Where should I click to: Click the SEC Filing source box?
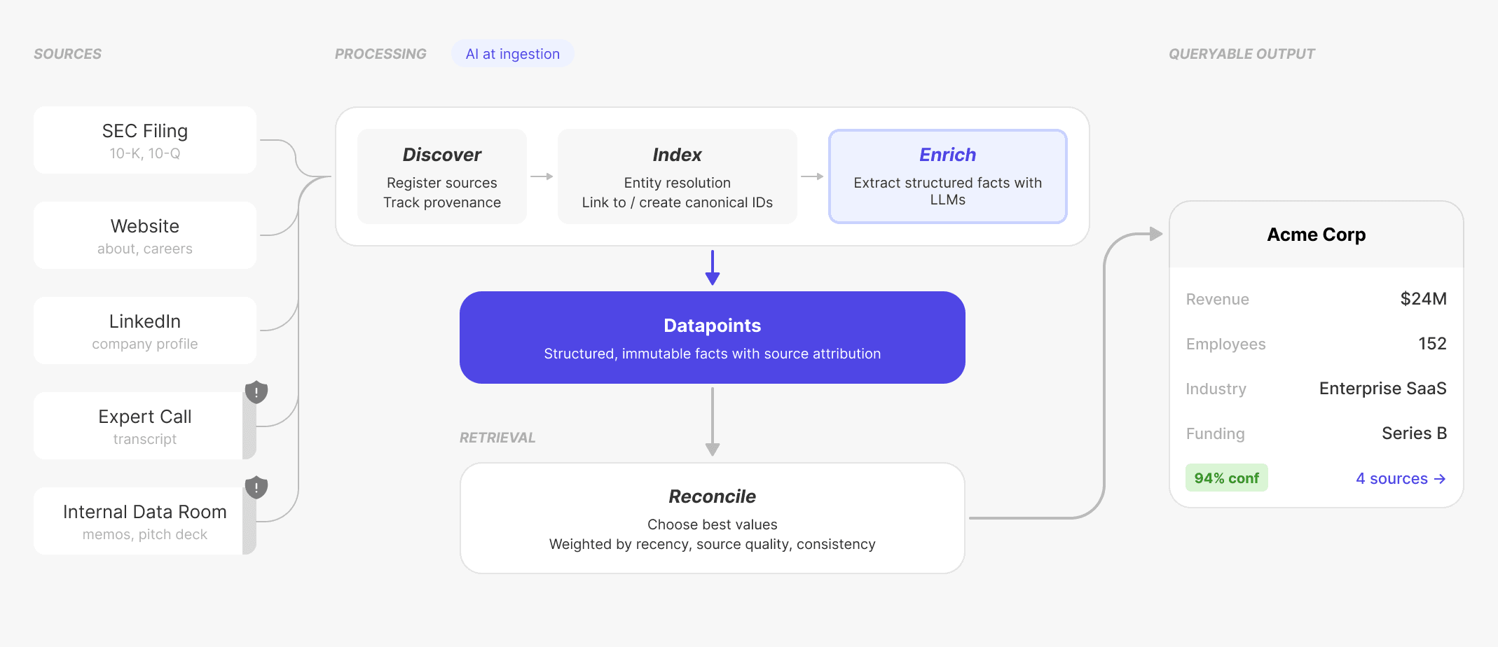(145, 140)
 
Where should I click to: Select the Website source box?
(145, 235)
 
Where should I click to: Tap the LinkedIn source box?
(145, 331)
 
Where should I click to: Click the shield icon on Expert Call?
(256, 392)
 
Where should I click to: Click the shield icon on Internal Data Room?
(256, 487)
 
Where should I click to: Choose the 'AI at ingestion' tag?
(512, 54)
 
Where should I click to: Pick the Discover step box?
(442, 176)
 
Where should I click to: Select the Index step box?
(677, 176)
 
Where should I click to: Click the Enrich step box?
(947, 176)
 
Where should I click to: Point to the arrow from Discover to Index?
(542, 176)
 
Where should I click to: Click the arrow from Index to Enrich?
(812, 176)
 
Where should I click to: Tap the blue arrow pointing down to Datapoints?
(713, 267)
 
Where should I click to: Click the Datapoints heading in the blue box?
(712, 326)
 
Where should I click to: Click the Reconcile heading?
(712, 496)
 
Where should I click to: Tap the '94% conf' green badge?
(1226, 478)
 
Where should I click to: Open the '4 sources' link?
(1400, 479)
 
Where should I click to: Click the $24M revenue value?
(1423, 299)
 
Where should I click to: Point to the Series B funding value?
(1414, 433)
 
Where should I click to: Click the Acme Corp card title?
(1316, 235)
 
